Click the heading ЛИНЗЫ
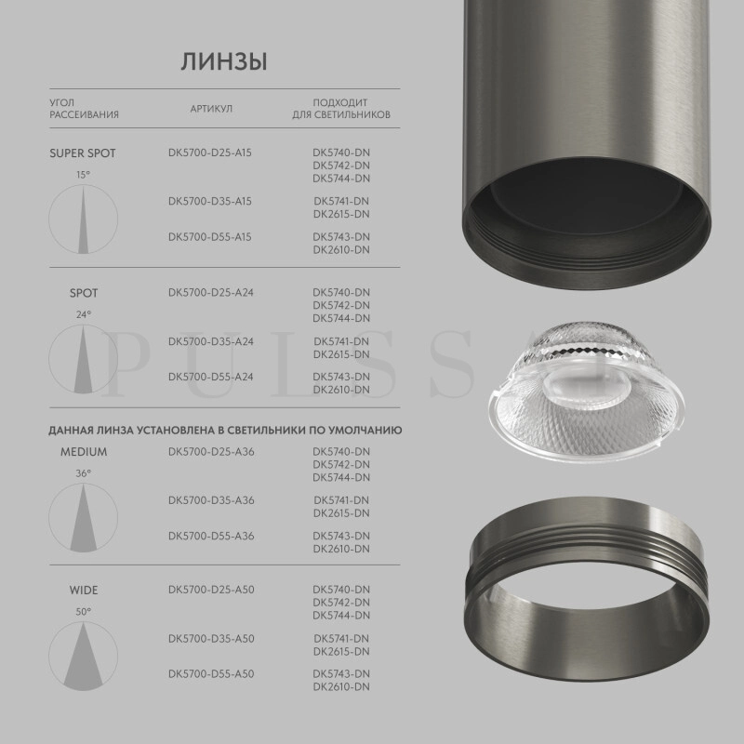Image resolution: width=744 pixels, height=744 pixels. (223, 61)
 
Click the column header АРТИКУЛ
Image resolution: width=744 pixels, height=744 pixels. (211, 109)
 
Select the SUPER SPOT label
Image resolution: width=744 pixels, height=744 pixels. (83, 153)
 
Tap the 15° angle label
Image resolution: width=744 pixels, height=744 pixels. (84, 175)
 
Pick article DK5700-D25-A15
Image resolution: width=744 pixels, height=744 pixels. (211, 153)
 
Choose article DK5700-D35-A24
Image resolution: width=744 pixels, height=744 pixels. (211, 341)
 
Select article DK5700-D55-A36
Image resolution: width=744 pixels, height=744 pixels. (211, 536)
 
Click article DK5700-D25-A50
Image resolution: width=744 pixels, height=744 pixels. (211, 590)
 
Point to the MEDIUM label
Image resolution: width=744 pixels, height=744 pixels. (84, 452)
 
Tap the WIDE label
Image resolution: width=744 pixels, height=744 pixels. (84, 590)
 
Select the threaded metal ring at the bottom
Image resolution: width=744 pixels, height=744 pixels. (586, 595)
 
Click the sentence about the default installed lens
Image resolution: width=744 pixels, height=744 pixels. (224, 431)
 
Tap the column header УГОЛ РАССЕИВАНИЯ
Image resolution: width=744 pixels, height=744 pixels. (84, 109)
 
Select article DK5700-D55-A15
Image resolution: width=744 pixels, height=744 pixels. (211, 236)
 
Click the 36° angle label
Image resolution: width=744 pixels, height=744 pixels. (84, 473)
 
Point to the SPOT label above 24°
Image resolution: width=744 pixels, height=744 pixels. (84, 293)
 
